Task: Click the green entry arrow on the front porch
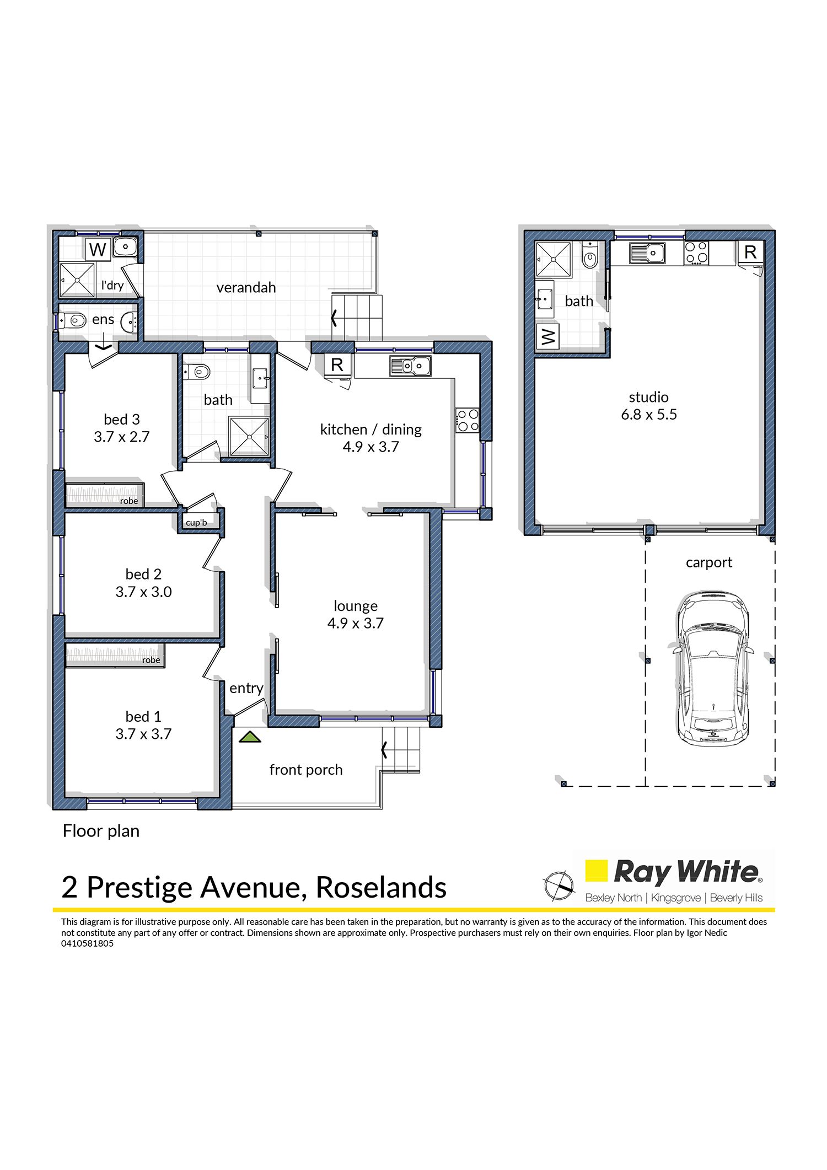click(x=250, y=737)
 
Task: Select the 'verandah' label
click(x=246, y=288)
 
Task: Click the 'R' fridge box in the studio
click(x=750, y=252)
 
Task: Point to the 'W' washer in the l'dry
click(x=98, y=249)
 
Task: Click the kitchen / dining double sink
click(x=410, y=366)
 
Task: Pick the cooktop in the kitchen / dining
click(x=467, y=421)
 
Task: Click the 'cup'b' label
click(x=196, y=523)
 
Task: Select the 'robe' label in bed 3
click(x=129, y=501)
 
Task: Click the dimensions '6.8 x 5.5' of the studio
click(x=649, y=415)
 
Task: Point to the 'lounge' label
click(x=356, y=606)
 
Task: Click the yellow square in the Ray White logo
click(x=596, y=871)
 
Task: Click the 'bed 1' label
click(x=143, y=717)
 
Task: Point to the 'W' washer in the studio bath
click(x=548, y=336)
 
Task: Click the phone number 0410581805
click(x=87, y=943)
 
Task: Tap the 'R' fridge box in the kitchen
click(x=337, y=364)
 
